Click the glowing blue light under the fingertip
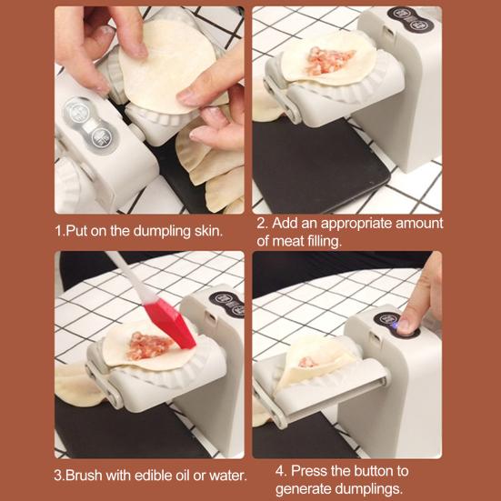396,326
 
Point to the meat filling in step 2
329,60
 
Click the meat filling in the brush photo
149,346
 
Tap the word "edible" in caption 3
154,476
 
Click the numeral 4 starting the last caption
279,471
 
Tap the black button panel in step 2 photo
411,18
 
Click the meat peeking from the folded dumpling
307,362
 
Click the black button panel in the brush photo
227,305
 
